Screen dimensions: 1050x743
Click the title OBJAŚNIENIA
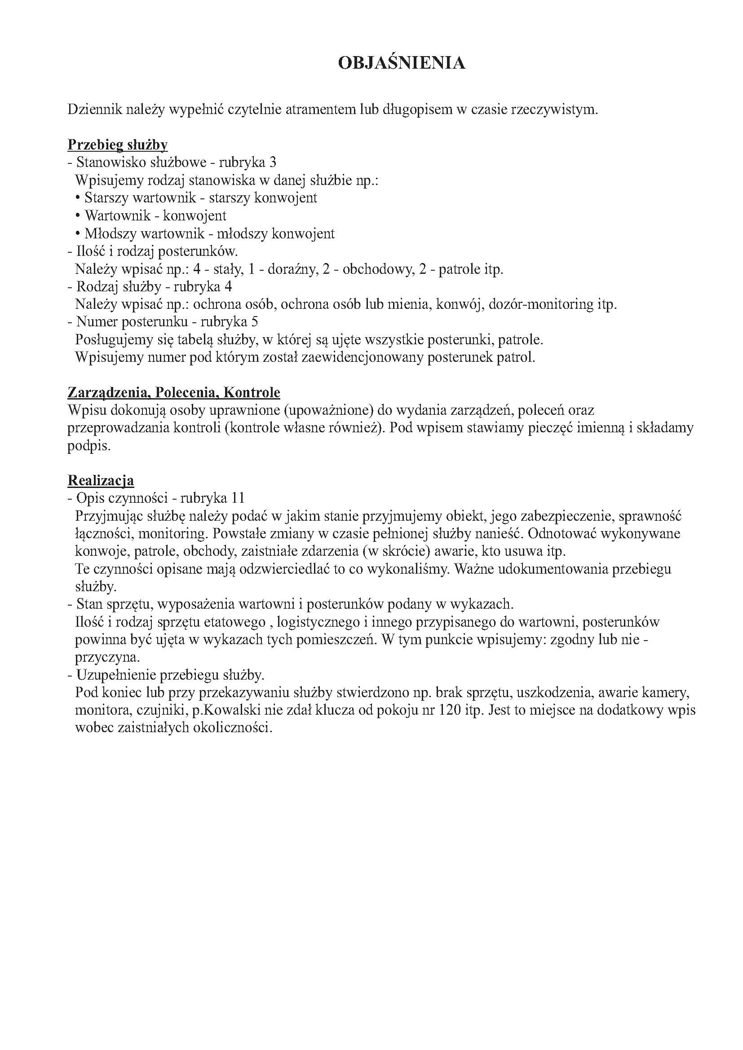point(401,63)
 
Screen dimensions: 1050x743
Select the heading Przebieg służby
point(118,145)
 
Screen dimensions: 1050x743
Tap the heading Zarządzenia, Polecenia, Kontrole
point(174,392)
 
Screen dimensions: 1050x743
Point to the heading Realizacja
point(101,481)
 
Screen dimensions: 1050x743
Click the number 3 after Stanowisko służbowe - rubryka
point(273,163)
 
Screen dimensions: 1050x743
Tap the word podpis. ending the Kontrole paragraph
point(89,446)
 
